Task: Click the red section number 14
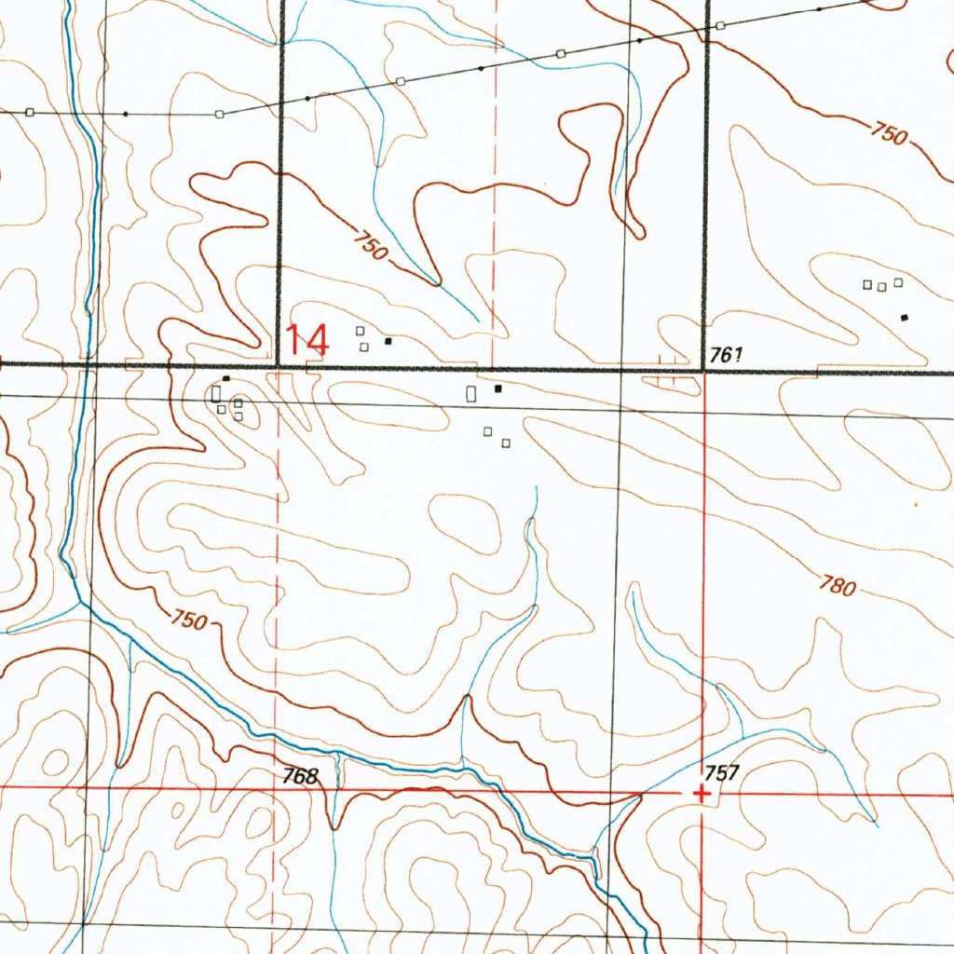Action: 307,340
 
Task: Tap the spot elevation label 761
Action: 724,354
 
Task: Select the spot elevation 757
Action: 721,772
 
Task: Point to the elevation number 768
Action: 301,775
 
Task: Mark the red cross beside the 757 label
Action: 701,794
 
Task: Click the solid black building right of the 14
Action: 388,341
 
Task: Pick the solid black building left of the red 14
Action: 225,378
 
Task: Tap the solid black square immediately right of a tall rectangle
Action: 498,388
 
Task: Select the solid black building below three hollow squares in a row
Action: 904,318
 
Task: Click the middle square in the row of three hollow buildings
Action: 881,286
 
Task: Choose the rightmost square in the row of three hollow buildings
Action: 898,281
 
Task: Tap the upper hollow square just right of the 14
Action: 360,331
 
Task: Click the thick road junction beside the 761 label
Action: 703,370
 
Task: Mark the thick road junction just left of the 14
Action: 279,365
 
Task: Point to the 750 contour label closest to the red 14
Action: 369,245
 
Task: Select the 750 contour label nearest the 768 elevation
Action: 188,620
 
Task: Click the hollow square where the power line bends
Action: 219,115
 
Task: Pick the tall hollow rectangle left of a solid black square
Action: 471,394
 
